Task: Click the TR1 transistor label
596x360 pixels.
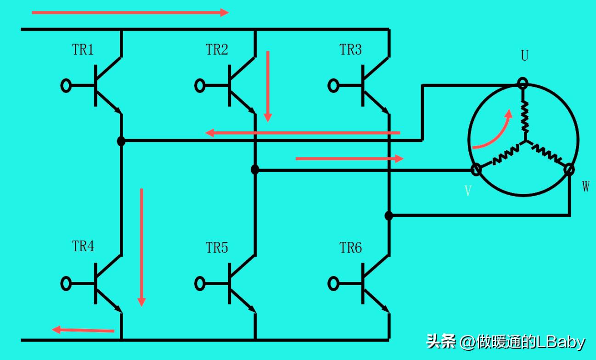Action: pyautogui.click(x=83, y=50)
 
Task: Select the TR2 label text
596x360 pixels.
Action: pyautogui.click(x=216, y=50)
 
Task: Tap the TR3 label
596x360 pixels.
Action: pyautogui.click(x=350, y=50)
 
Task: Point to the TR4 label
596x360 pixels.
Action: pyautogui.click(x=83, y=246)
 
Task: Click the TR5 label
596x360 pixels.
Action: pyautogui.click(x=216, y=248)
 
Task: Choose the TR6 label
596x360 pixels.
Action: pyautogui.click(x=350, y=248)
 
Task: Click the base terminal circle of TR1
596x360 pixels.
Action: pyautogui.click(x=66, y=85)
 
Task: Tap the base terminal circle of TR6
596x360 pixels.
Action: pyautogui.click(x=333, y=283)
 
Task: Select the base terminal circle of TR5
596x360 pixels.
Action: pyautogui.click(x=200, y=283)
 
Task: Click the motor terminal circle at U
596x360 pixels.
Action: pyautogui.click(x=523, y=84)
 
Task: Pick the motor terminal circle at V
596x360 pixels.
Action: pyautogui.click(x=477, y=170)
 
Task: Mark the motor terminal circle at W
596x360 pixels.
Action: pyautogui.click(x=569, y=169)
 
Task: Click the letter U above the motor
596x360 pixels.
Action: pyautogui.click(x=524, y=56)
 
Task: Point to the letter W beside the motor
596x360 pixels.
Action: pyautogui.click(x=585, y=186)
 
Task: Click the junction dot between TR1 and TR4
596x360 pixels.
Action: pyautogui.click(x=121, y=141)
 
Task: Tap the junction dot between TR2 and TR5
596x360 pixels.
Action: pyautogui.click(x=255, y=170)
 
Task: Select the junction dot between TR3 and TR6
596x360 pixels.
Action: pyautogui.click(x=388, y=215)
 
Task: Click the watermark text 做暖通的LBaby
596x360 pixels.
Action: pyautogui.click(x=530, y=342)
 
